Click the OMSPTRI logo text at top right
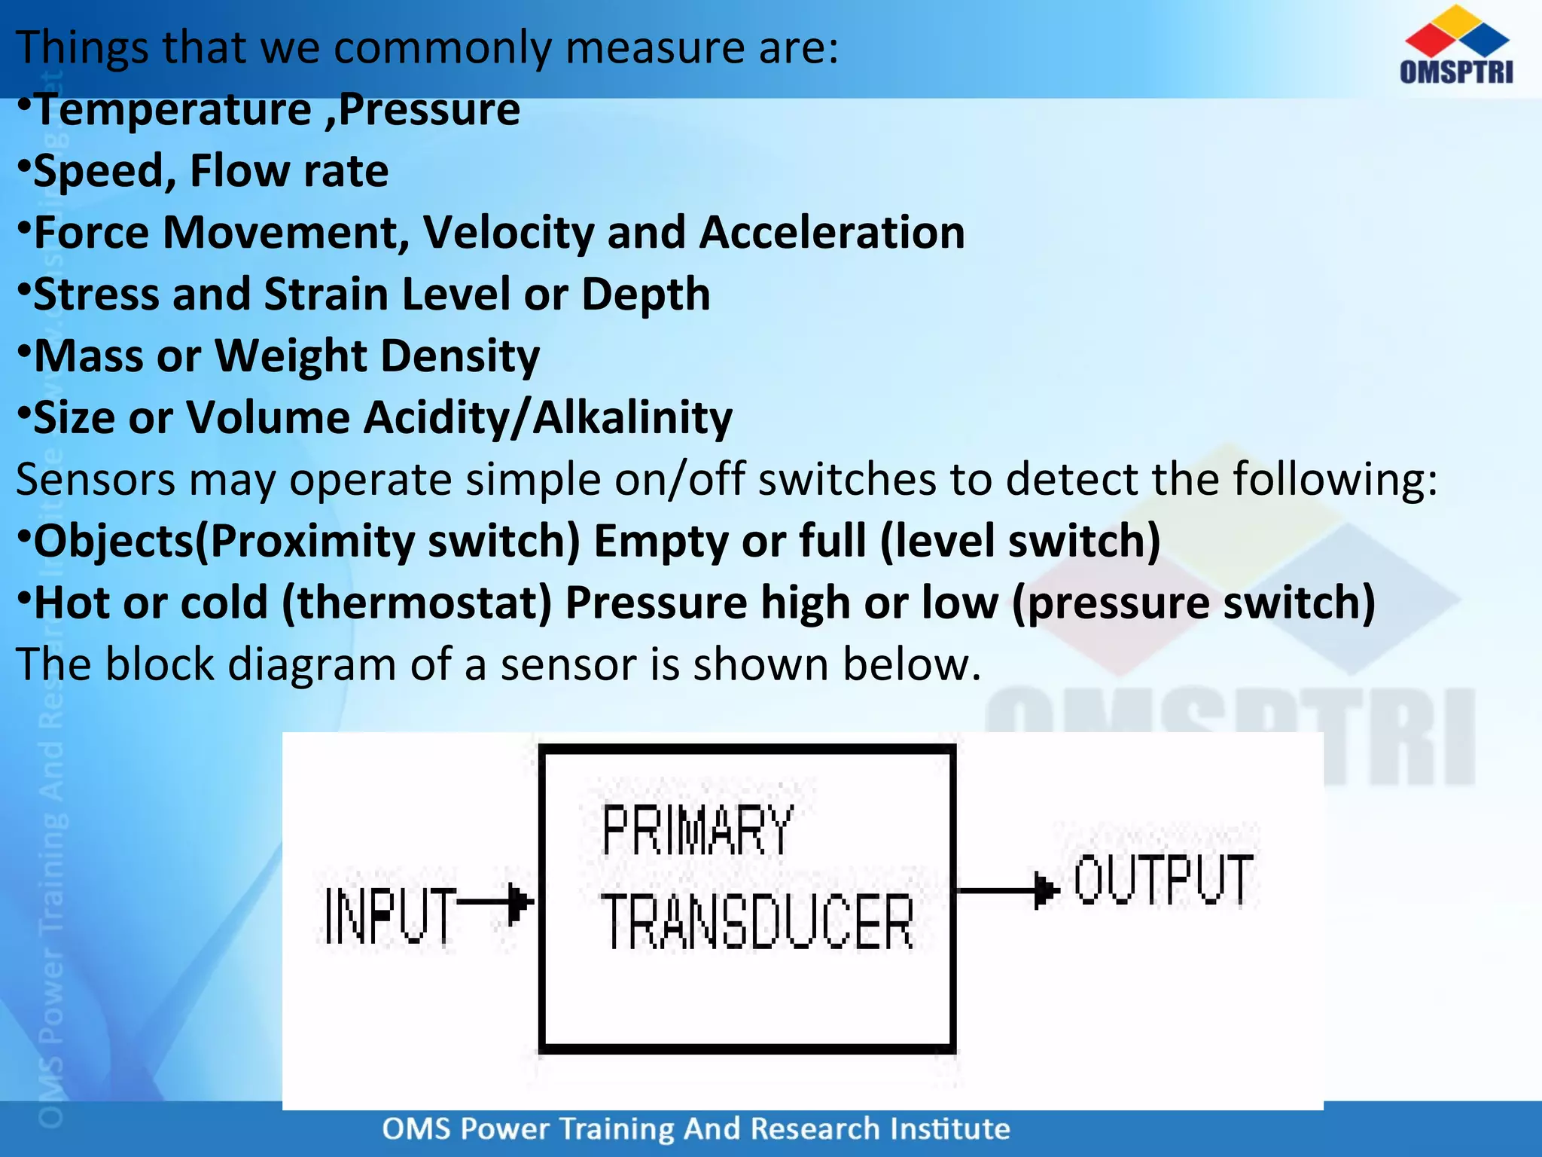pyautogui.click(x=1456, y=72)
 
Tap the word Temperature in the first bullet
pyautogui.click(x=173, y=110)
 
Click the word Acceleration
pyautogui.click(x=832, y=233)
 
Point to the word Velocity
pyautogui.click(x=509, y=233)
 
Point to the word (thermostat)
pyautogui.click(x=417, y=603)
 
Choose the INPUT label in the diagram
pyautogui.click(x=390, y=915)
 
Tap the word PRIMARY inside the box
pyautogui.click(x=697, y=830)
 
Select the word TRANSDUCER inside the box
pyautogui.click(x=757, y=922)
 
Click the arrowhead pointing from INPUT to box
pyautogui.click(x=520, y=902)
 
